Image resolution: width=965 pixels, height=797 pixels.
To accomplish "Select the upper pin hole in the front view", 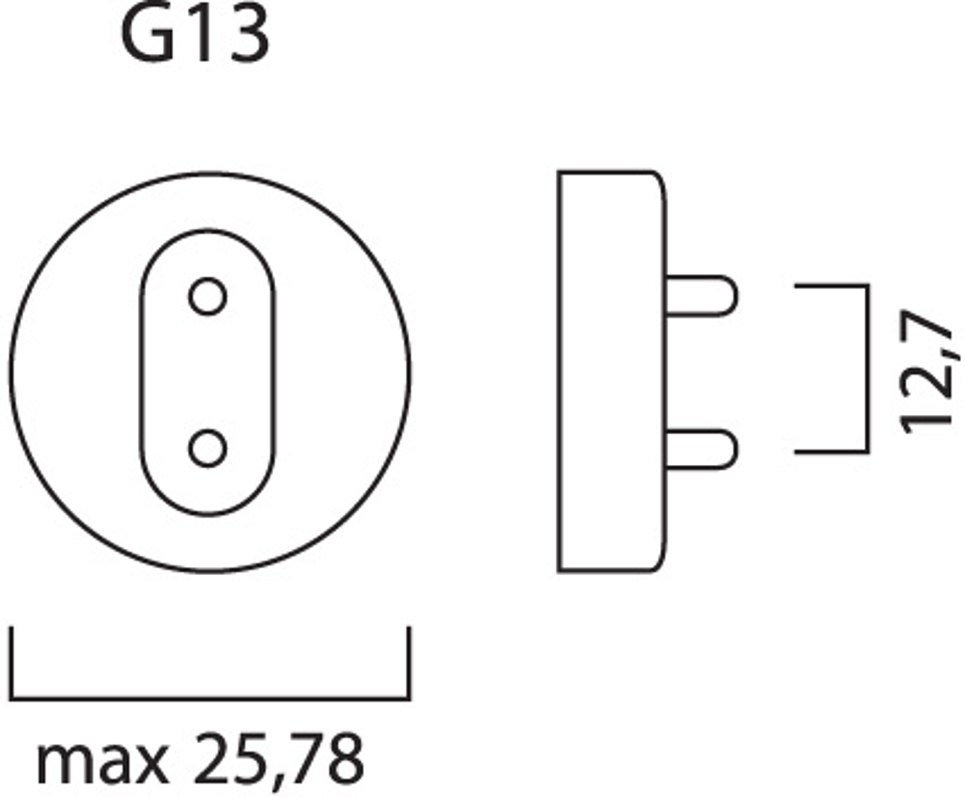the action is (207, 296).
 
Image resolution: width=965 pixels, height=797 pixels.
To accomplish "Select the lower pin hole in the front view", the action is (207, 448).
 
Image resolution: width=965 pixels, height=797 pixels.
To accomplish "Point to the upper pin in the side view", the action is (701, 296).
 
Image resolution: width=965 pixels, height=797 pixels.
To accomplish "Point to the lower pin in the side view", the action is (701, 450).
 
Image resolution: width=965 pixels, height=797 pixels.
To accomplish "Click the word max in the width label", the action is (102, 762).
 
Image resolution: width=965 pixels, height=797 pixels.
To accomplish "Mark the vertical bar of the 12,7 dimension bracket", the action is (868, 369).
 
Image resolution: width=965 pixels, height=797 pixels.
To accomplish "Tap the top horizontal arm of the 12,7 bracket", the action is (832, 287).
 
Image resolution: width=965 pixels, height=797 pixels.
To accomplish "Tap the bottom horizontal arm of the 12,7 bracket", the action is (832, 452).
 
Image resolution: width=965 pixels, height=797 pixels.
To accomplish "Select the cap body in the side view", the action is (613, 371).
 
